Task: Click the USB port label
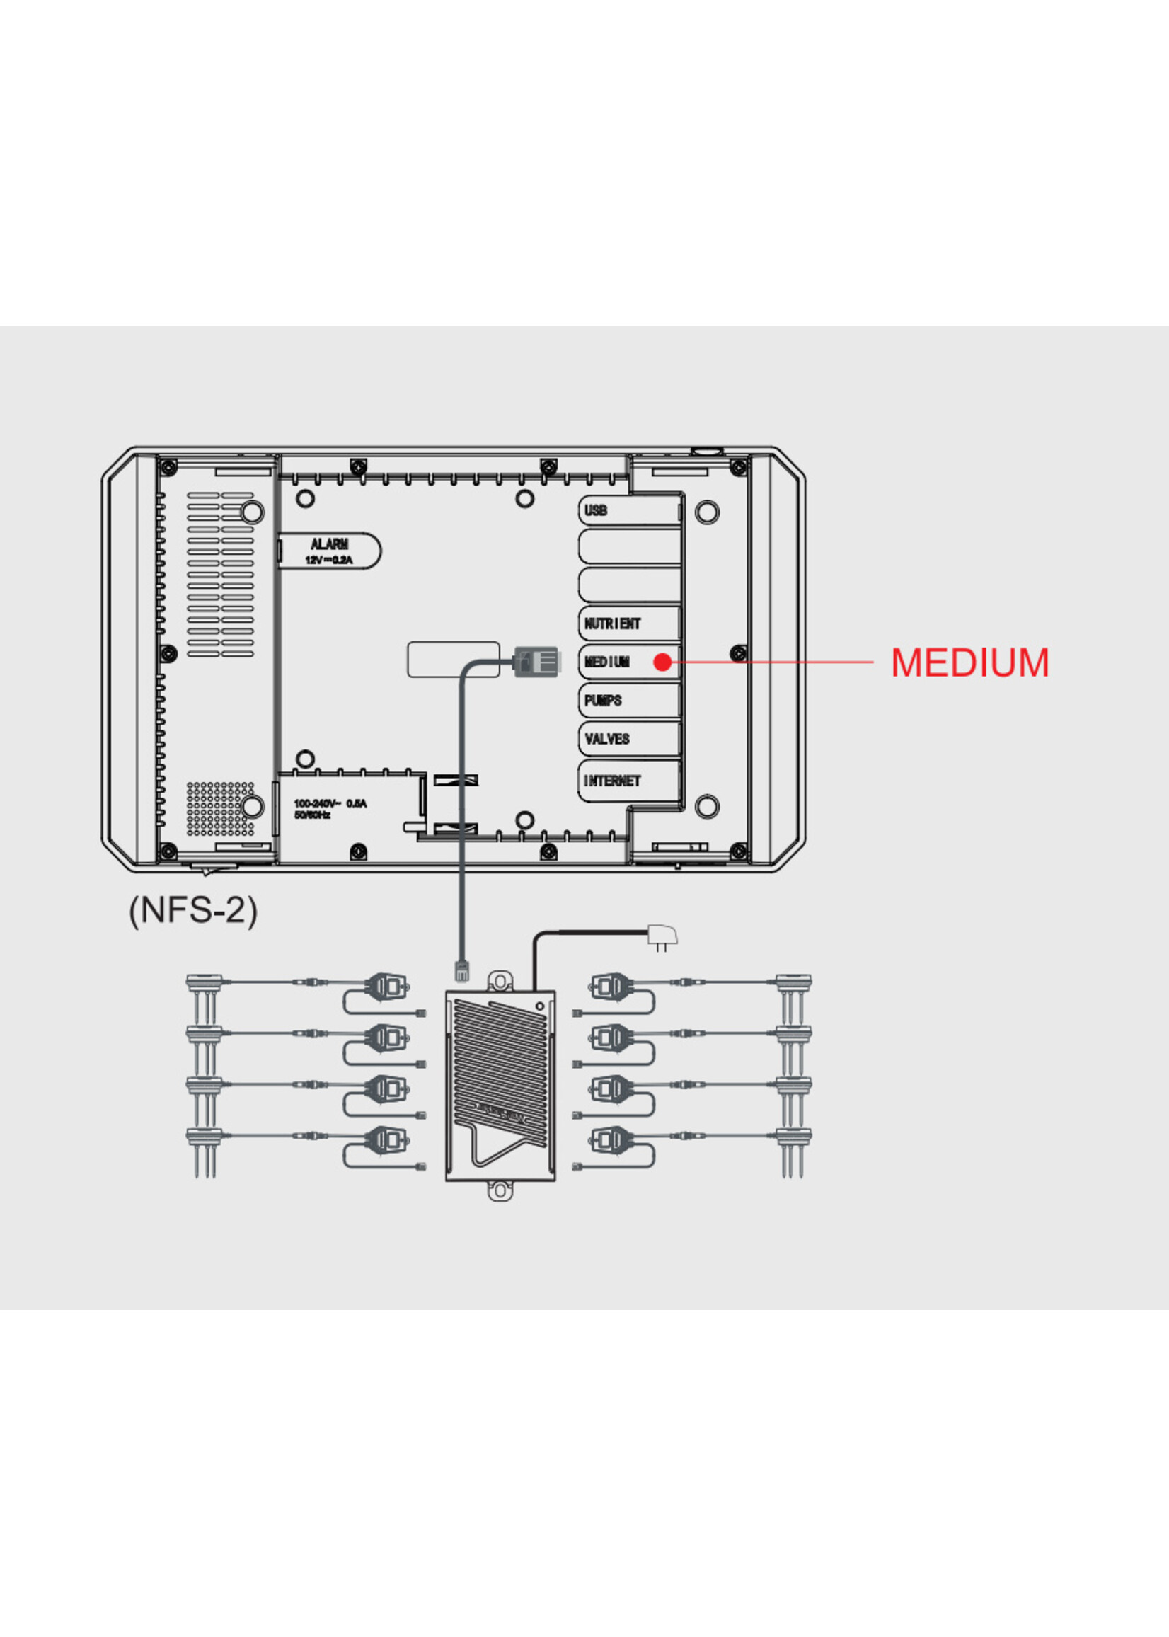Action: pyautogui.click(x=595, y=510)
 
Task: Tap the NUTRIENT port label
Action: pyautogui.click(x=612, y=624)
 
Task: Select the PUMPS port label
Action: pyautogui.click(x=602, y=701)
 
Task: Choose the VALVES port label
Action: pyautogui.click(x=607, y=739)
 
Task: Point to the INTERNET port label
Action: pyautogui.click(x=612, y=781)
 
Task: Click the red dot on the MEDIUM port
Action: pyautogui.click(x=662, y=662)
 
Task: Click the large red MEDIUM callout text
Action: pyautogui.click(x=969, y=662)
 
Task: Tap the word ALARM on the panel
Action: pyautogui.click(x=329, y=544)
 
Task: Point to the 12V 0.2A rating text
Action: pyautogui.click(x=329, y=560)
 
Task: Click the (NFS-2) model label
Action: pyautogui.click(x=193, y=911)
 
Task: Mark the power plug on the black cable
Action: pyautogui.click(x=662, y=936)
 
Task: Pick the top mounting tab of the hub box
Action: pyautogui.click(x=500, y=980)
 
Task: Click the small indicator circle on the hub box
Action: pyautogui.click(x=539, y=1006)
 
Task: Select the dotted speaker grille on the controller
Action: pyautogui.click(x=220, y=808)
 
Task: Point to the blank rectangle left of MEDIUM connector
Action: pyautogui.click(x=454, y=660)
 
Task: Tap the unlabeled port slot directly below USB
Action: pyautogui.click(x=630, y=546)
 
